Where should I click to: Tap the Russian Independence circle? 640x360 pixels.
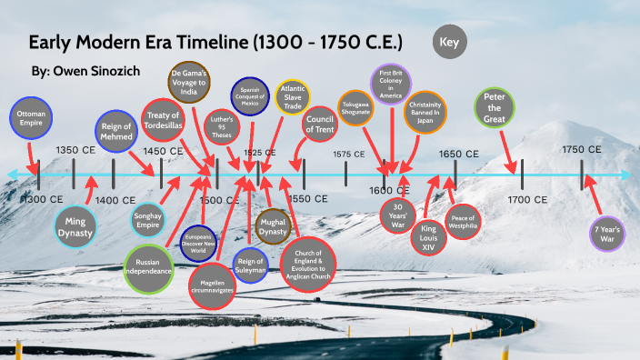click(x=147, y=267)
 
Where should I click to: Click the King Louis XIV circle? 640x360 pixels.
click(x=428, y=235)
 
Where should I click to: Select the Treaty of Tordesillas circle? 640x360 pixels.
click(x=165, y=123)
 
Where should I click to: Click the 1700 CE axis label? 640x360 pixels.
click(x=528, y=198)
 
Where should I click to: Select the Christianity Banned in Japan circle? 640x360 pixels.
click(x=424, y=111)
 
